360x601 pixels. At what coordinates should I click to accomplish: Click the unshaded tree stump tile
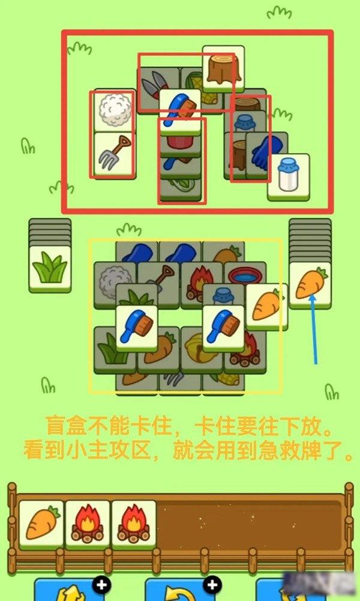223,68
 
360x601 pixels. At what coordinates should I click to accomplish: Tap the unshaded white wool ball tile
115,110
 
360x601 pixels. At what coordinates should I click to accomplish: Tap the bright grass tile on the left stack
50,269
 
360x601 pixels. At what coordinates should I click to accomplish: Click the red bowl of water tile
245,274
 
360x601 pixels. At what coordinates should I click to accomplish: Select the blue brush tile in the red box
181,111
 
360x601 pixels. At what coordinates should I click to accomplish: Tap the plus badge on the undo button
212,585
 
